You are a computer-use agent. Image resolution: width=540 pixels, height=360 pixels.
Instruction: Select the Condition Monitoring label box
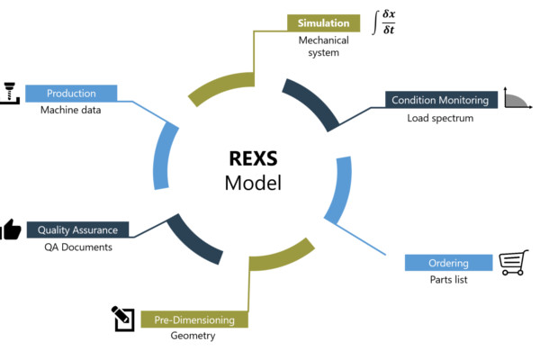[x=440, y=100]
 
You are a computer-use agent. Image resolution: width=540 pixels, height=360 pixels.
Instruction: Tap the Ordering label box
[x=447, y=263]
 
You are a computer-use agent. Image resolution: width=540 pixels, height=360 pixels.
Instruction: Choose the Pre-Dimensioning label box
[x=194, y=319]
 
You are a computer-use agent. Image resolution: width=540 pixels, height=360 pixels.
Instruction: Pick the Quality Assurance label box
[x=78, y=229]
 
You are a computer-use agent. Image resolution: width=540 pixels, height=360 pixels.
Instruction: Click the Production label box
[x=71, y=93]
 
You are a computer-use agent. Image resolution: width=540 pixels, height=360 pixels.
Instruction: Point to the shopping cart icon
[x=512, y=262]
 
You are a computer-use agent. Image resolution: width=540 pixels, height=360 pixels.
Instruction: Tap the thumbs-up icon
[x=10, y=229]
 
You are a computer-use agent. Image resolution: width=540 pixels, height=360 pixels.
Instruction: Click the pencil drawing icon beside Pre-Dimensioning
[x=122, y=318]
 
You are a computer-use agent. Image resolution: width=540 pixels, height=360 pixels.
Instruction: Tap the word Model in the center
[x=253, y=184]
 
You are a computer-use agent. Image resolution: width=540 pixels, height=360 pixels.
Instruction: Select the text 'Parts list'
[x=447, y=280]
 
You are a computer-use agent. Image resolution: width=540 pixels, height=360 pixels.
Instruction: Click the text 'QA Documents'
[x=78, y=247]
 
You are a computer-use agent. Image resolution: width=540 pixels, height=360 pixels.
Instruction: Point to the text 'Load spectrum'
[x=440, y=118]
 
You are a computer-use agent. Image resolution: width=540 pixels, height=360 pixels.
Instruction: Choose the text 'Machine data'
[x=71, y=110]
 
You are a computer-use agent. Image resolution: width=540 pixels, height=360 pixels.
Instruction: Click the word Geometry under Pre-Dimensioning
[x=193, y=337]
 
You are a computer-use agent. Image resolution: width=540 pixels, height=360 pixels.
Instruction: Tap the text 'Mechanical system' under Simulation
[x=319, y=46]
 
